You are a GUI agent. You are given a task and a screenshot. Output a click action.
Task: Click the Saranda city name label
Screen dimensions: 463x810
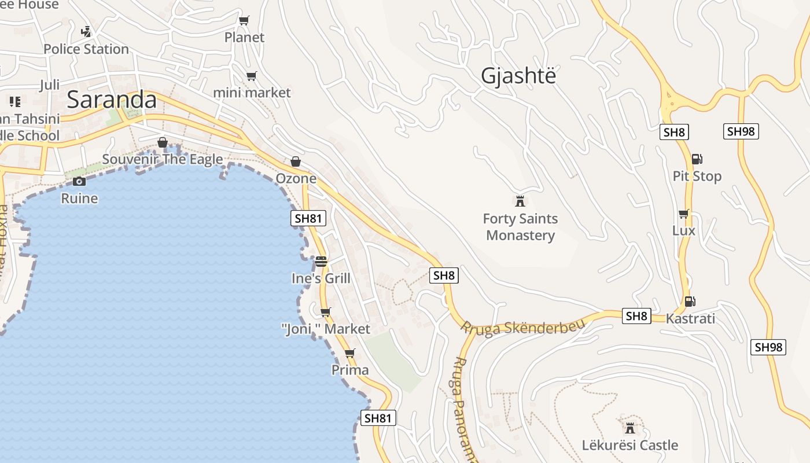(x=112, y=100)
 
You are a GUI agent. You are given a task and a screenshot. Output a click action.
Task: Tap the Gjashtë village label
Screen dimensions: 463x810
(x=518, y=76)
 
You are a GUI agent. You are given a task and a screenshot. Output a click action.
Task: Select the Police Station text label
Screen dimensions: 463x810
(x=86, y=49)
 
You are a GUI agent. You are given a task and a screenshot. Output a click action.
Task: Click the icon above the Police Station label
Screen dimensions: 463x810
(x=86, y=31)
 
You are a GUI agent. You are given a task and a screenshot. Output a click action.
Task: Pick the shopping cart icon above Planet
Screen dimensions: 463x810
(x=244, y=21)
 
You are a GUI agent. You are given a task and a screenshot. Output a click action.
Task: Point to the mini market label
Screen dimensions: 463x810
(x=252, y=93)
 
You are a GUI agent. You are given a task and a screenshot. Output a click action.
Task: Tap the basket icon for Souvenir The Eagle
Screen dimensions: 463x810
(x=163, y=142)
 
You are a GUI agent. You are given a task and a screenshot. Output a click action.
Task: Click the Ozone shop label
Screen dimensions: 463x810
(x=296, y=178)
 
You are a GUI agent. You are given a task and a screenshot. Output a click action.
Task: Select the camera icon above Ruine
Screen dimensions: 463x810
(x=79, y=182)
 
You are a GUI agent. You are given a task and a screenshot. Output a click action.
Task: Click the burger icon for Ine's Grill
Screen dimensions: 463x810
(x=321, y=262)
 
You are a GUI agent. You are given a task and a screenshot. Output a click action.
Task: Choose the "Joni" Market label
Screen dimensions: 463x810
(x=325, y=329)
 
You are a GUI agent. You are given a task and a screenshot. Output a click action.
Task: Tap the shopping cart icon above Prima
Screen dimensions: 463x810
(x=349, y=353)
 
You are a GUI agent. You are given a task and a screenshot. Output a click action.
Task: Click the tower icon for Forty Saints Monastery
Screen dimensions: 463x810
(x=520, y=201)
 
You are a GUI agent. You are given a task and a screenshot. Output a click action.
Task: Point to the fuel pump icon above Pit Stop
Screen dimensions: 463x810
(x=697, y=159)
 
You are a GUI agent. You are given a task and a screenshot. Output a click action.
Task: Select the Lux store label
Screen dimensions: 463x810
(x=683, y=231)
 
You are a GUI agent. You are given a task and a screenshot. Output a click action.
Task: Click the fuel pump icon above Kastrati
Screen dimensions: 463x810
(x=690, y=302)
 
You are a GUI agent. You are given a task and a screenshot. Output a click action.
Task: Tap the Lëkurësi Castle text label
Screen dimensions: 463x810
(x=629, y=446)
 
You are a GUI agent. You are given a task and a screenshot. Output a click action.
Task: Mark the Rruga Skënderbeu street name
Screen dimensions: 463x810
(x=522, y=326)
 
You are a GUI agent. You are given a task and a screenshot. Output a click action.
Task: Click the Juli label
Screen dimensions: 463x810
(x=50, y=86)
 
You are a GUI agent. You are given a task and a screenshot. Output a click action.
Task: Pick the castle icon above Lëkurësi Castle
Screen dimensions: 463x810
(x=630, y=428)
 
